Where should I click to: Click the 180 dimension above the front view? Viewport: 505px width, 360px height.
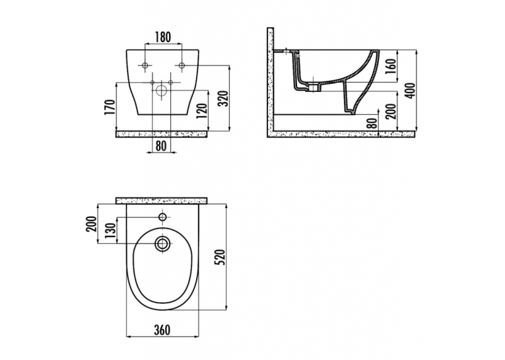point(163,37)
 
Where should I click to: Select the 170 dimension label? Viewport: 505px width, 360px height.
point(110,107)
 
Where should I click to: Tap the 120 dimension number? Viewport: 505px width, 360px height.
point(201,111)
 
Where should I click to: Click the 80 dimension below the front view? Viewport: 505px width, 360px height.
point(161,145)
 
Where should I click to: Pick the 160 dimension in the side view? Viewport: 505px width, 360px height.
point(390,66)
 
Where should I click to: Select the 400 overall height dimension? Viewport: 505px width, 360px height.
point(411,90)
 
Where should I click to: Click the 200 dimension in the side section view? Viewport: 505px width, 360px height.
point(391,111)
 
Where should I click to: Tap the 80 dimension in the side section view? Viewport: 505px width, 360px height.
point(372,124)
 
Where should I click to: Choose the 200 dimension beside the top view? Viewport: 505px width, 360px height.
point(92,224)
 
